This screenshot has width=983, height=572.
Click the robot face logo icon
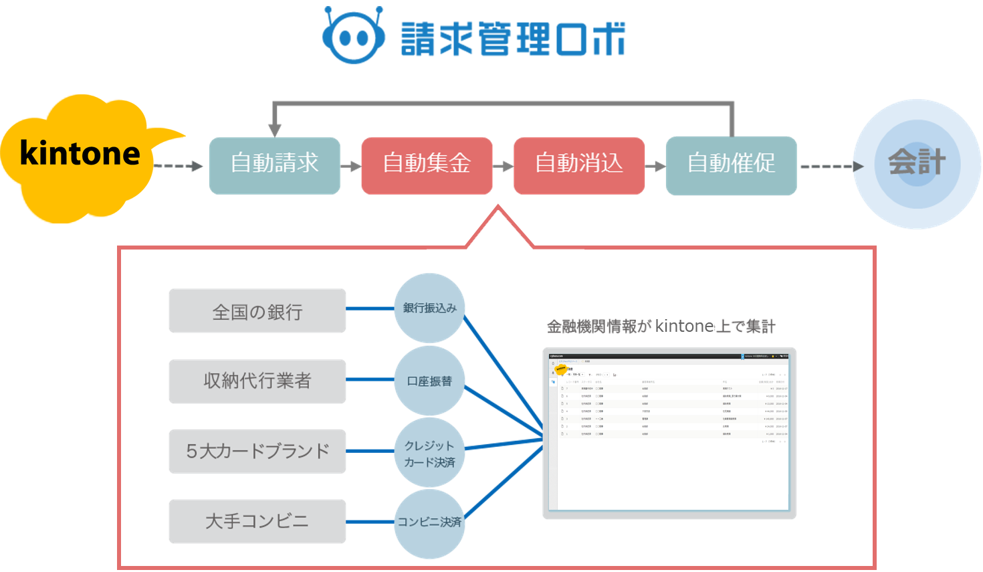[x=353, y=36]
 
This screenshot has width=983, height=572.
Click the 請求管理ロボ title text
[x=513, y=39]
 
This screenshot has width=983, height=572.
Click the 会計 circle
[x=917, y=164]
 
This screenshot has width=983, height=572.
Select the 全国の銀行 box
[x=257, y=311]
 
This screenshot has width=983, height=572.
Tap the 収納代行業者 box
[x=257, y=381]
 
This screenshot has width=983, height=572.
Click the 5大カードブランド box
[x=257, y=452]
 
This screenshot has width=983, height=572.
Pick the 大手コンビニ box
[x=257, y=521]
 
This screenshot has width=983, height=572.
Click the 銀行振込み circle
[x=429, y=308]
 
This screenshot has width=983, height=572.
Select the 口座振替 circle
[x=429, y=381]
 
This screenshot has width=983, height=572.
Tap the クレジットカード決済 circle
[x=429, y=453]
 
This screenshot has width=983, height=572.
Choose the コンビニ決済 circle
[x=429, y=522]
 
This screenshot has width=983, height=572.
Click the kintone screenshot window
[x=669, y=434]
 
